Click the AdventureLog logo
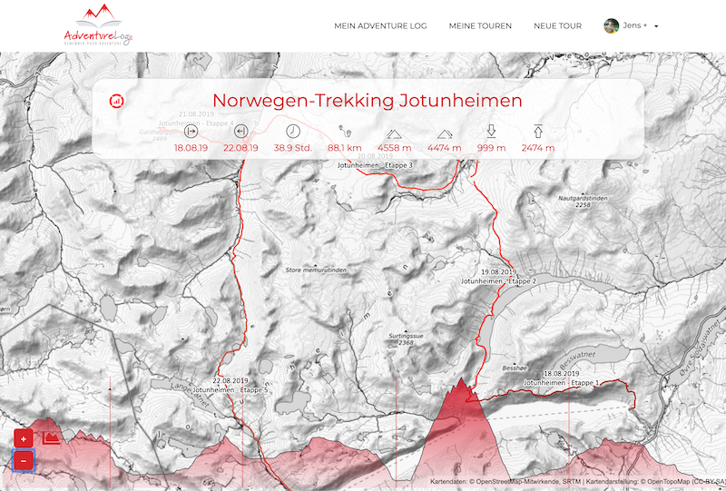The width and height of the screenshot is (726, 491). coord(98,25)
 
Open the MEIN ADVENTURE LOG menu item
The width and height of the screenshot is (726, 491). coord(380,26)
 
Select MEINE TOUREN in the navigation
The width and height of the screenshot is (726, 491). coord(480,26)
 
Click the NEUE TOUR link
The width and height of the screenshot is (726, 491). coord(557,26)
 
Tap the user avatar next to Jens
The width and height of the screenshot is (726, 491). coord(612,25)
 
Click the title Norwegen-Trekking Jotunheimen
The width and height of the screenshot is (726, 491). coord(367,101)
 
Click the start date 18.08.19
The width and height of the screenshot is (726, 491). coord(191,148)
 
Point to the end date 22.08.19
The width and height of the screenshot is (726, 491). coord(240,148)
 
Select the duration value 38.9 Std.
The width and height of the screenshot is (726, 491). coord(292,148)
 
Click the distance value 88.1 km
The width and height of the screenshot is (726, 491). coord(345,148)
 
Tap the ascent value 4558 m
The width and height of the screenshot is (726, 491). coord(395,148)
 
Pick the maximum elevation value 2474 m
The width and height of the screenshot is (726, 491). coord(538,148)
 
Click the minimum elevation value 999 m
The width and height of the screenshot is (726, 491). coord(491,148)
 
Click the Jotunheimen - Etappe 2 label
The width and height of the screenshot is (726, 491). coord(498,282)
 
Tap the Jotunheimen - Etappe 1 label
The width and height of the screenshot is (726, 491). coord(559,383)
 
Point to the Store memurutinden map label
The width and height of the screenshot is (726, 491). coord(316,270)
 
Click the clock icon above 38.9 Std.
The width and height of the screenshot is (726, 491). coord(292,131)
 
